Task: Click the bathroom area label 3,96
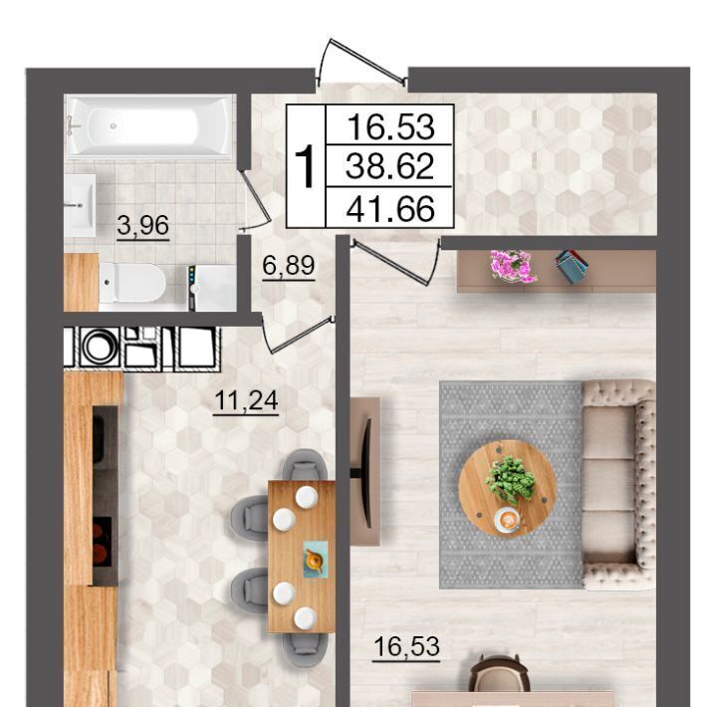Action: (143, 225)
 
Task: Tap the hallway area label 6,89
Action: (289, 265)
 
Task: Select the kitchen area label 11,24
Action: (246, 400)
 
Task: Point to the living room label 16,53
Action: (406, 646)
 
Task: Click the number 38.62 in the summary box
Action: (389, 166)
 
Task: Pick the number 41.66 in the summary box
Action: (390, 208)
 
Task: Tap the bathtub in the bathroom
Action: (149, 126)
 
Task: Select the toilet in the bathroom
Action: (131, 283)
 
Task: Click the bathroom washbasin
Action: (80, 205)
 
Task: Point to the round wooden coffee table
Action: (508, 488)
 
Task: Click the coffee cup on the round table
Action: (508, 520)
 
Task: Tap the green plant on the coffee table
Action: (511, 479)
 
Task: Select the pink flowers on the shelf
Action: (513, 266)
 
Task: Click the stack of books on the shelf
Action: (572, 266)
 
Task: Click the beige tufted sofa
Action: (617, 485)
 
